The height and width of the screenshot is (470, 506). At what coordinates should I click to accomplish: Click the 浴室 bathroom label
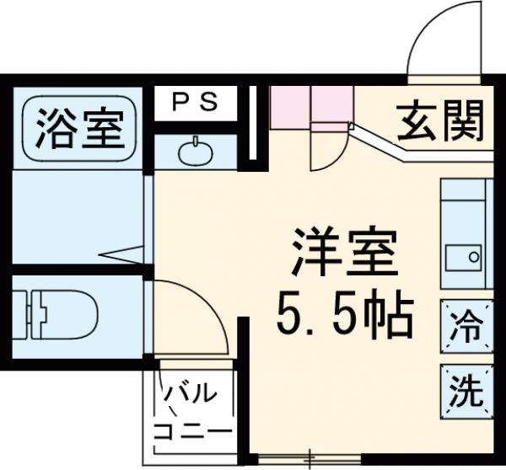(x=79, y=126)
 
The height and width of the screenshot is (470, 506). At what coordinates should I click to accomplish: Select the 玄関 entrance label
(x=440, y=122)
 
